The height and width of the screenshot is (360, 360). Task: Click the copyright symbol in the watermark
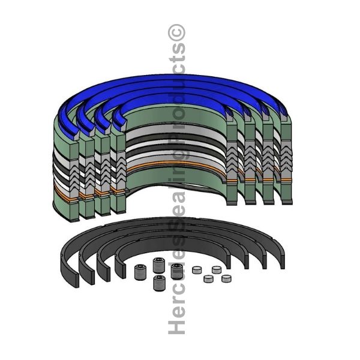point(176,33)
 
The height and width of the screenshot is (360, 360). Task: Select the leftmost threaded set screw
point(140,272)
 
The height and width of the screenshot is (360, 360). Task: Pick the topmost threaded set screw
point(158,265)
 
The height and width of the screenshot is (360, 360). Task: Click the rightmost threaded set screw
point(176,271)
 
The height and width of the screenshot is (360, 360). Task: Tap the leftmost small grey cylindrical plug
point(197,270)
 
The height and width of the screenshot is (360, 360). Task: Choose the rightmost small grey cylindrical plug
point(226,278)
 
